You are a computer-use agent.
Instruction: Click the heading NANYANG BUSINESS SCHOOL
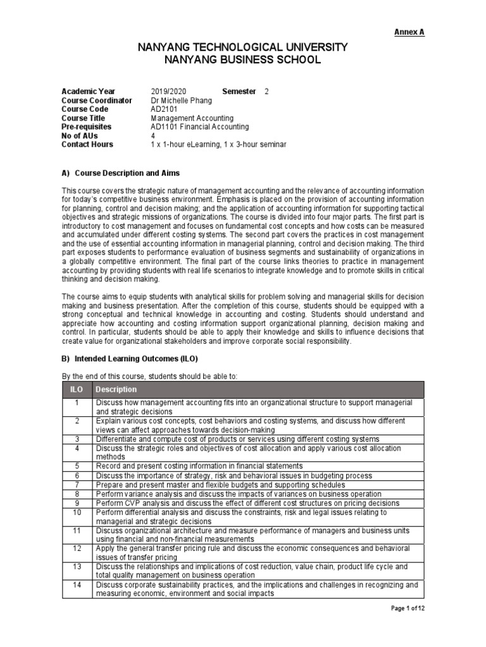[243, 60]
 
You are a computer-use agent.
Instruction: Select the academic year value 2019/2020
[169, 92]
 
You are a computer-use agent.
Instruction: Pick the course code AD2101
[164, 109]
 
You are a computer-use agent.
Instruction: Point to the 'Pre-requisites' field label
[87, 127]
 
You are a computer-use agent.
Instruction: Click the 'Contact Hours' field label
[87, 145]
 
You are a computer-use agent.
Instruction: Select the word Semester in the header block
[239, 92]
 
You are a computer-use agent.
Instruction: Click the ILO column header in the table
[76, 389]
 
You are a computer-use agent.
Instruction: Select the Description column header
[116, 389]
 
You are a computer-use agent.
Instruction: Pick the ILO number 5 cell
[76, 466]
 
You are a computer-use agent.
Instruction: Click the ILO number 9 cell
[76, 503]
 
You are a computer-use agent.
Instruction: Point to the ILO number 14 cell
[76, 585]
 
